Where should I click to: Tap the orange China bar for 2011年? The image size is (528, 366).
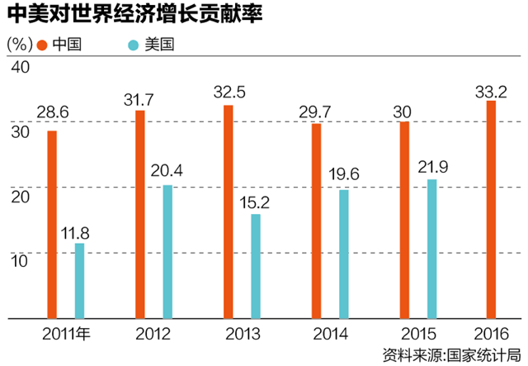point(53,224)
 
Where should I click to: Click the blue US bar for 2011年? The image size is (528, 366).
point(80,280)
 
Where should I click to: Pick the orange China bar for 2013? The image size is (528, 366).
point(229,212)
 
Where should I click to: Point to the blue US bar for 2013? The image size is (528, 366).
point(256,266)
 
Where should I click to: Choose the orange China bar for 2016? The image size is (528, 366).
point(492,209)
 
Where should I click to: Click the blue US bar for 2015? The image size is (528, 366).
point(431,248)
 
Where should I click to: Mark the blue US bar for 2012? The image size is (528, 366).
point(167,251)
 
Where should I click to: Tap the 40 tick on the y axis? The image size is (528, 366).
point(18,67)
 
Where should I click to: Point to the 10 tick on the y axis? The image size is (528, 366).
point(18,259)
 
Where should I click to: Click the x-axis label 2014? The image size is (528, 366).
point(330,334)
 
